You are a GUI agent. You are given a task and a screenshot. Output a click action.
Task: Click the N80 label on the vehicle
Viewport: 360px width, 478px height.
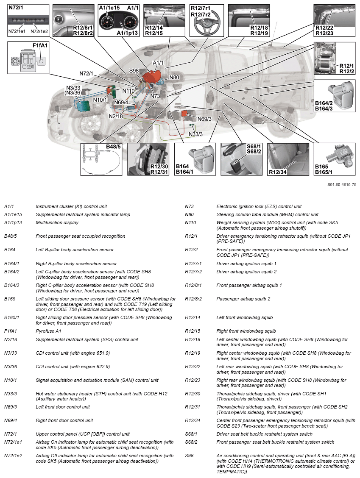point(174,78)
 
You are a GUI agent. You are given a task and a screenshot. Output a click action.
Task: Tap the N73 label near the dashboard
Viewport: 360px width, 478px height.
point(155,96)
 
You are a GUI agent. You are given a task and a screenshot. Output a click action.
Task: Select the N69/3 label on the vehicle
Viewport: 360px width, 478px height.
point(204,119)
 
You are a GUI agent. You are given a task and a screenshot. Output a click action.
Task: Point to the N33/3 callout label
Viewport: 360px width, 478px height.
point(195,134)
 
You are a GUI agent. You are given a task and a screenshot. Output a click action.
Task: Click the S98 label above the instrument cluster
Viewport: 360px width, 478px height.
point(134,70)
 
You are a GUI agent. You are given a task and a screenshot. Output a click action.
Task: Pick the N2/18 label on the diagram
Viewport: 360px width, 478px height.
point(116,116)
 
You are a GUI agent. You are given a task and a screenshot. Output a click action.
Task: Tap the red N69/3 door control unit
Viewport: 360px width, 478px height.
point(185,114)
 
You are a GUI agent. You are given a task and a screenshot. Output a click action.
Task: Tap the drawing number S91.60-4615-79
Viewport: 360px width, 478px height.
point(341,185)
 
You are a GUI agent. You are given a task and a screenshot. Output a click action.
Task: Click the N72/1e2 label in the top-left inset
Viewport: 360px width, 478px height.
point(39,31)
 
